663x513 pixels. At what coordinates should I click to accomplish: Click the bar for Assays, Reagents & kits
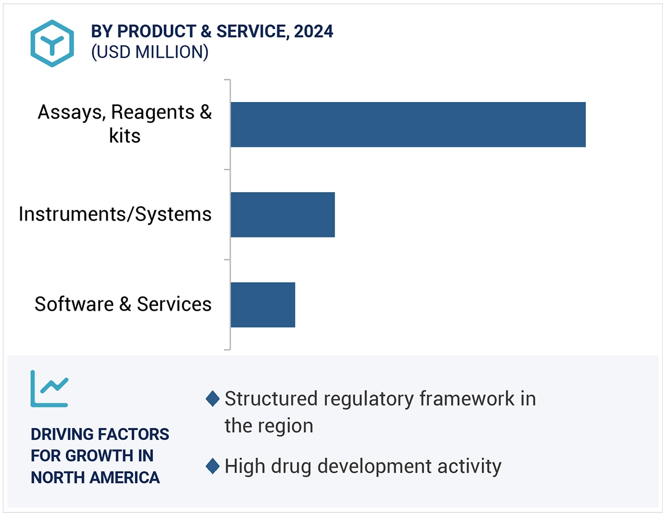click(407, 124)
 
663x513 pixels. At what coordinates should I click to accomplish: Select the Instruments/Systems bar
click(282, 214)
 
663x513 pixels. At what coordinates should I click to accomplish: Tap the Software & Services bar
click(262, 304)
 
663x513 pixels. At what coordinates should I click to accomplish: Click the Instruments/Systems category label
click(115, 214)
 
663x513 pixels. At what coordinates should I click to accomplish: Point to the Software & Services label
click(123, 304)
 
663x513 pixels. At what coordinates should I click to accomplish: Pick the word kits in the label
click(125, 136)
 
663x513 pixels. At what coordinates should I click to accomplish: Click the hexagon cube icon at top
click(52, 43)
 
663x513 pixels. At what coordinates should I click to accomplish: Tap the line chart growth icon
click(49, 388)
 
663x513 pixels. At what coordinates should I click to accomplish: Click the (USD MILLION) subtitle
click(150, 52)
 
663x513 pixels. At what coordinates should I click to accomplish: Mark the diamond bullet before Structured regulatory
click(212, 399)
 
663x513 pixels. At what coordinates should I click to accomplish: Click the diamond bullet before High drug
click(212, 467)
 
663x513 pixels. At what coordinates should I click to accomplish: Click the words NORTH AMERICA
click(95, 477)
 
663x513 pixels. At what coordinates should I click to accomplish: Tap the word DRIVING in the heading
click(62, 435)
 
